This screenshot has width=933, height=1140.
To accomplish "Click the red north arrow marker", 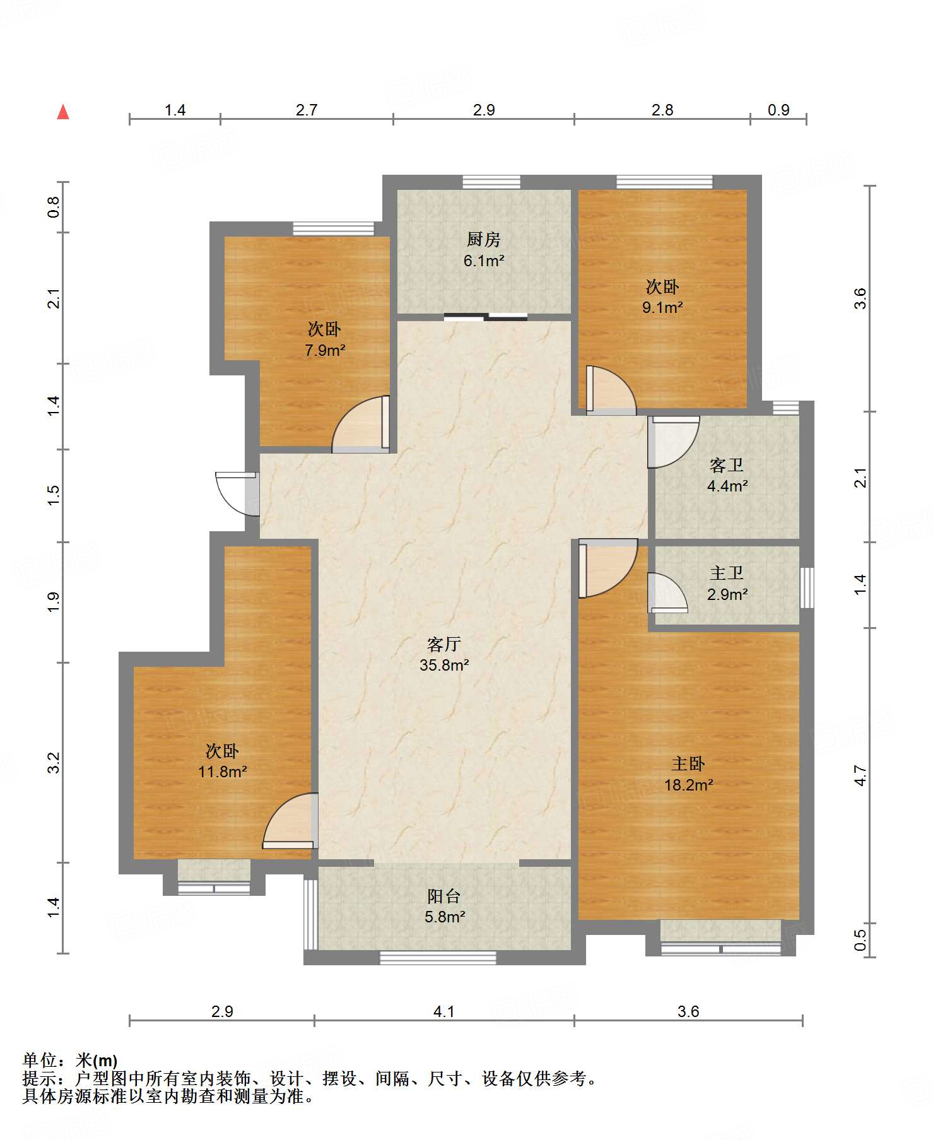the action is (x=63, y=112).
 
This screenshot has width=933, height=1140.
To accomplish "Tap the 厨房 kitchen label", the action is (x=484, y=240).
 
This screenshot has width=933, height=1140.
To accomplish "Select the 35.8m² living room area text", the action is (x=444, y=665).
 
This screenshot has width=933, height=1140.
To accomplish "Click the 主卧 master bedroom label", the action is (x=688, y=764).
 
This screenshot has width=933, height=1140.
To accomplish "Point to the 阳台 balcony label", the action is (x=444, y=896).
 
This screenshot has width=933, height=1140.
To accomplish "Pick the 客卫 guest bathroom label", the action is (x=726, y=466).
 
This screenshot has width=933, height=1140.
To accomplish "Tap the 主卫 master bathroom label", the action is (x=726, y=573).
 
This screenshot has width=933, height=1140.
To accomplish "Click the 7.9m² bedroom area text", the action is (x=325, y=350).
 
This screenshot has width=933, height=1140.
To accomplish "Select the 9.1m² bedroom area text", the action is (x=662, y=308).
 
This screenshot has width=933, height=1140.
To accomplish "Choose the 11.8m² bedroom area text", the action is (x=222, y=772).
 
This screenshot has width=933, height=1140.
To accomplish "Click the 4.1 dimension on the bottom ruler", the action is (x=444, y=1011).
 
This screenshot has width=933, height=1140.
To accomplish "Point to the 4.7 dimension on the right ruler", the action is (x=860, y=775).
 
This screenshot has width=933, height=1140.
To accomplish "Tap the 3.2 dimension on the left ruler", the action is (x=54, y=763).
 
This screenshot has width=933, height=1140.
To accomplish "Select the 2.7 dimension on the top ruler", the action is (x=307, y=110).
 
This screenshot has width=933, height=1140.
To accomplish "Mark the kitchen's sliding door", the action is (x=485, y=317).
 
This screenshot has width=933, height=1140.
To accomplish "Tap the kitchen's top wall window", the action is (x=491, y=182).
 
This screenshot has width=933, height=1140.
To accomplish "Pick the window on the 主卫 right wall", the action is (x=807, y=587).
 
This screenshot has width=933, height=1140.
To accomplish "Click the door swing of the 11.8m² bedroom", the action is (x=290, y=821).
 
